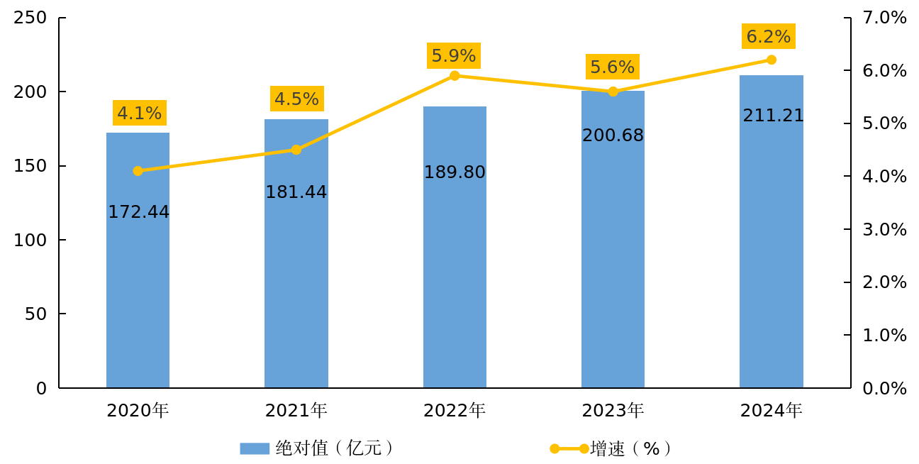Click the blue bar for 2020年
[138, 298]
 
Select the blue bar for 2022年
[455, 284]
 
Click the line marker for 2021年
[296, 150]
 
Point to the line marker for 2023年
[613, 92]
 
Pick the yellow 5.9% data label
[454, 55]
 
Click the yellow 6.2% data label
[768, 36]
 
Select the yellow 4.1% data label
[139, 113]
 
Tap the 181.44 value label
[296, 192]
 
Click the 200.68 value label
[613, 136]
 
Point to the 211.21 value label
[773, 116]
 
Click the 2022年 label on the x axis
[455, 410]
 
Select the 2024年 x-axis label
[771, 410]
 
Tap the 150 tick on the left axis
[30, 166]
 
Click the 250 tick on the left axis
[30, 18]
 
